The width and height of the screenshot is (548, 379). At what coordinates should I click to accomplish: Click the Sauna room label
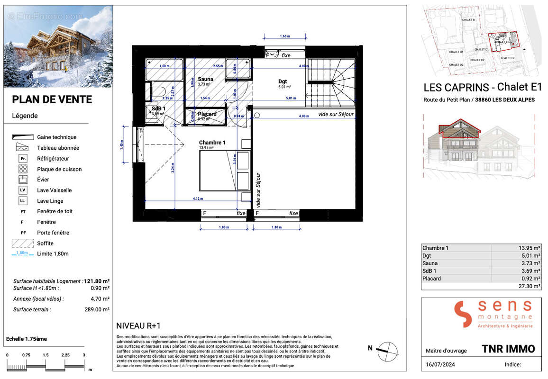pyautogui.click(x=205, y=79)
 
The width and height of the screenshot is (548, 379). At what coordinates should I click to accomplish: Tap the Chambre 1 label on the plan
pyautogui.click(x=212, y=143)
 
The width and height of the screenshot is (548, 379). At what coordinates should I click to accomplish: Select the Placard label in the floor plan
pyautogui.click(x=207, y=114)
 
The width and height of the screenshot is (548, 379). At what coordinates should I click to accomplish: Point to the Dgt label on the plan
pyautogui.click(x=283, y=81)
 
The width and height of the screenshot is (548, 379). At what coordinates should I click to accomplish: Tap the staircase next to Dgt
pyautogui.click(x=331, y=83)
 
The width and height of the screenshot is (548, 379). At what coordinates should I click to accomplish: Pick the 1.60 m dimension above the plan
pyautogui.click(x=284, y=36)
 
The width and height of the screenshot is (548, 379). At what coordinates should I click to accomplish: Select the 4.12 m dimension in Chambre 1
pyautogui.click(x=197, y=199)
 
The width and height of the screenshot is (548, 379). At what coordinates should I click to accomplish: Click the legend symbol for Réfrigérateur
pyautogui.click(x=23, y=159)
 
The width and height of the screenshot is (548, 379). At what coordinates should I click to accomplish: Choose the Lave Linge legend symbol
pyautogui.click(x=23, y=201)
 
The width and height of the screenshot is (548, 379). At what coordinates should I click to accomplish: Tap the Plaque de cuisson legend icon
pyautogui.click(x=23, y=169)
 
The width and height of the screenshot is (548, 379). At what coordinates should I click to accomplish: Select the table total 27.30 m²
pyautogui.click(x=529, y=286)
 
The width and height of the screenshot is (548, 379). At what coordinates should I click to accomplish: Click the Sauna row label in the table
pyautogui.click(x=430, y=263)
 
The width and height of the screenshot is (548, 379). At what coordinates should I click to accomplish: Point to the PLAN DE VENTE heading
pyautogui.click(x=52, y=99)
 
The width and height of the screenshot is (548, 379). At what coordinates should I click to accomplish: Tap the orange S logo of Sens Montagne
pyautogui.click(x=463, y=314)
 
